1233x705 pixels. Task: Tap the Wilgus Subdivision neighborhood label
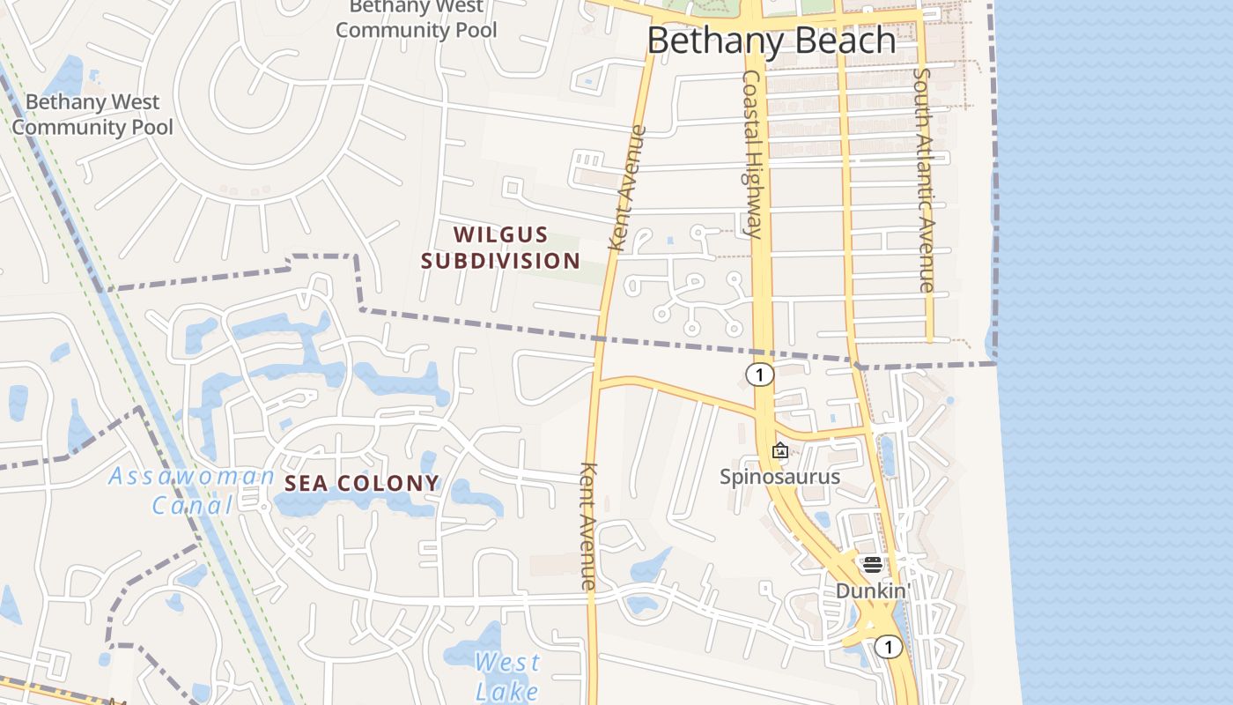coord(500,248)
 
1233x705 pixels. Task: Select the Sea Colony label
coord(362,483)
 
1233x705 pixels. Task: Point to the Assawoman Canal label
coord(192,491)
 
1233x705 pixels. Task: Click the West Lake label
coord(507,676)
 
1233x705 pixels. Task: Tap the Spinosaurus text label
coord(779,477)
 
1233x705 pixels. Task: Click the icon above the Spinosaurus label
coord(780,451)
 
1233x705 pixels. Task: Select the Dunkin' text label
coord(872,590)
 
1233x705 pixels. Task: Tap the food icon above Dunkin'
coord(873,565)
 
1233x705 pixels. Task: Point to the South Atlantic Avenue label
coord(923,180)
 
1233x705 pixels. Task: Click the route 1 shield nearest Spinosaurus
coord(759,375)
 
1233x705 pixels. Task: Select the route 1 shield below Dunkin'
coord(889,648)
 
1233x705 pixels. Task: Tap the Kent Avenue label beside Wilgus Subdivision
coord(628,189)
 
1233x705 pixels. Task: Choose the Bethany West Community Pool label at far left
coord(92,115)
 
